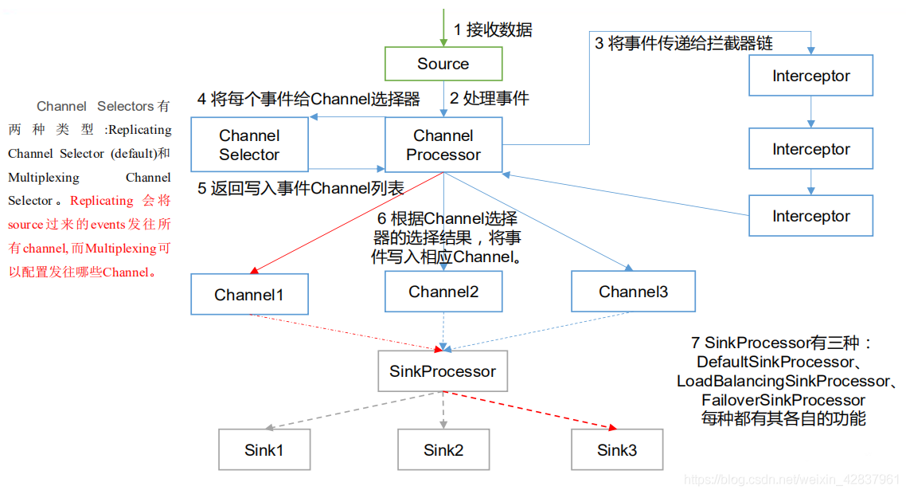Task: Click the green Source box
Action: click(443, 64)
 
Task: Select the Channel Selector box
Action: click(249, 145)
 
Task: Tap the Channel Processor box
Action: click(443, 145)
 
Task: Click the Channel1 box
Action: click(249, 295)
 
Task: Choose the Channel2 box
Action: click(443, 292)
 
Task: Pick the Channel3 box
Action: click(633, 292)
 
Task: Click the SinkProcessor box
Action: click(443, 371)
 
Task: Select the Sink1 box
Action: click(264, 450)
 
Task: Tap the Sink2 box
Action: click(443, 450)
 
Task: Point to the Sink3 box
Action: click(617, 450)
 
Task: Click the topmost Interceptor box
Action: click(811, 76)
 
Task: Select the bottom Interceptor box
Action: click(811, 216)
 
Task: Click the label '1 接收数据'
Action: click(493, 30)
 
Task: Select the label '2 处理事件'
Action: click(490, 99)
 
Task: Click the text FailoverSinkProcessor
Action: click(783, 400)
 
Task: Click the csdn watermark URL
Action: click(792, 480)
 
